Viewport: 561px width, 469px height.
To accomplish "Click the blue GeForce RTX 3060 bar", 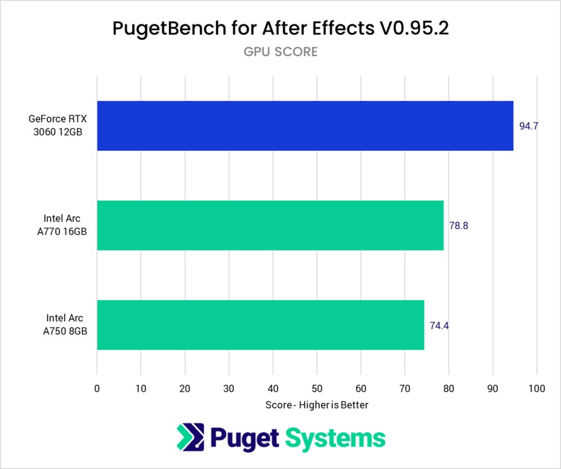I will pyautogui.click(x=305, y=126).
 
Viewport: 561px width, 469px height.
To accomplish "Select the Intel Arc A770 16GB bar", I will pyautogui.click(x=270, y=225).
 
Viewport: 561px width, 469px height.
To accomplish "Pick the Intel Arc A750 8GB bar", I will pyautogui.click(x=261, y=325).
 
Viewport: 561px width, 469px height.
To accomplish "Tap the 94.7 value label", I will pyautogui.click(x=529, y=126).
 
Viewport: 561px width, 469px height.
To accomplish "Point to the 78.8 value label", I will pyautogui.click(x=458, y=225).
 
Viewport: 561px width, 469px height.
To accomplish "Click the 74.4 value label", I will pyautogui.click(x=439, y=325).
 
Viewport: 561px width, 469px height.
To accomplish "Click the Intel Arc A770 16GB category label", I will pyautogui.click(x=62, y=225).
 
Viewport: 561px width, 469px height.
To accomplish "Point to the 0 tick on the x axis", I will pyautogui.click(x=97, y=389).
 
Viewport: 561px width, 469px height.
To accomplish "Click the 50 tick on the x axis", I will pyautogui.click(x=317, y=389).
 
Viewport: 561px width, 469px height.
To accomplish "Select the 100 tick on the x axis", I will pyautogui.click(x=537, y=389).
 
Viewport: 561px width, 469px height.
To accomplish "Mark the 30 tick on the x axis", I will pyautogui.click(x=229, y=389).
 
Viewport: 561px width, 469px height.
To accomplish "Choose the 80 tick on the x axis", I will pyautogui.click(x=449, y=389).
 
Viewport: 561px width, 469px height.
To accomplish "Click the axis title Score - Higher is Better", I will pyautogui.click(x=317, y=405).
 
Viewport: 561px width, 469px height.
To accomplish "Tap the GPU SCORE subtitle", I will pyautogui.click(x=280, y=52).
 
